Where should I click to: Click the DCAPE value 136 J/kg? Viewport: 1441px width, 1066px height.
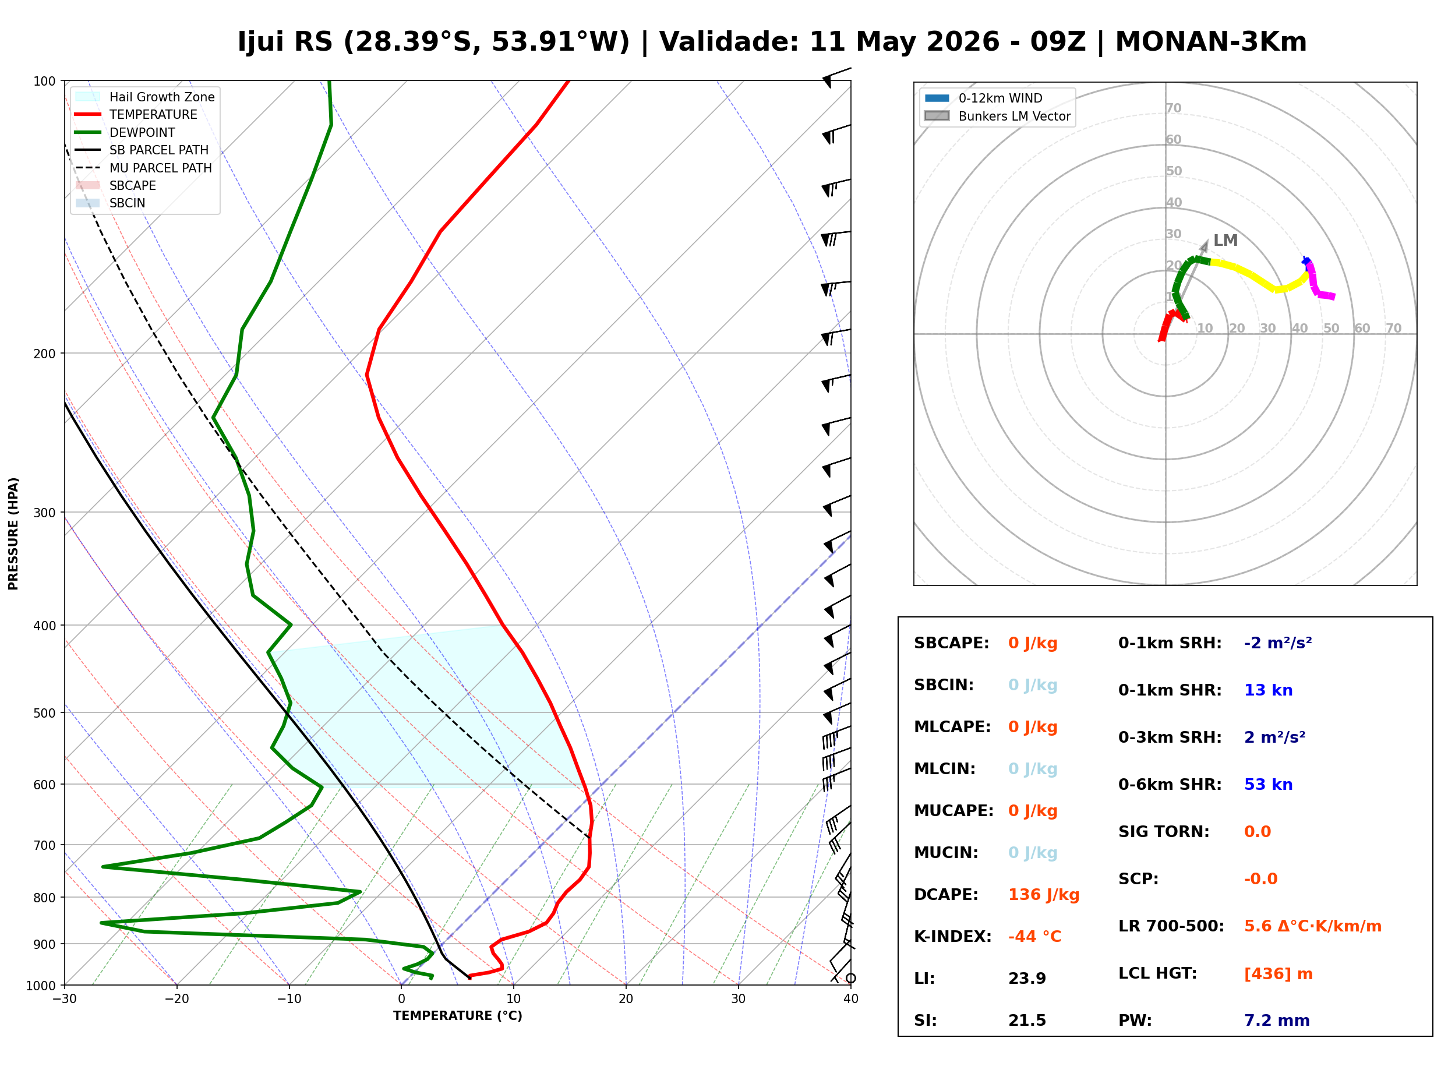coord(1043,894)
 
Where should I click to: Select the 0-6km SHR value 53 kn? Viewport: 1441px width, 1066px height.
coord(1267,784)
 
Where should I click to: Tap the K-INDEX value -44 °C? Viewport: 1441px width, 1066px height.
coord(1034,936)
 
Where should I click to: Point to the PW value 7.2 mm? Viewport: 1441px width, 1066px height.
coord(1277,1020)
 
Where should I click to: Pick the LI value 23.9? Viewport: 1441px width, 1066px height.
coord(1027,978)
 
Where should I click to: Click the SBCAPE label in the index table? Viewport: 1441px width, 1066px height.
coord(951,643)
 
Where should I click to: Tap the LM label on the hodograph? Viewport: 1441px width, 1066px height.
coord(1225,240)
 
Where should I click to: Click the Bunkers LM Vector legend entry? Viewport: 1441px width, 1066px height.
coord(997,116)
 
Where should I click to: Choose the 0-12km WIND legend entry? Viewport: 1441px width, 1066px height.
coord(983,98)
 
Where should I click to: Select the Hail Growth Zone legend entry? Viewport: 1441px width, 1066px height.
coord(145,97)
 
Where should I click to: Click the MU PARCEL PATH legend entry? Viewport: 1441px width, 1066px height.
coord(144,168)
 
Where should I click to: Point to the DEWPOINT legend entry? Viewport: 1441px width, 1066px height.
coord(125,132)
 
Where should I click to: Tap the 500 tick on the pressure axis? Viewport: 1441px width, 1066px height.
coord(44,713)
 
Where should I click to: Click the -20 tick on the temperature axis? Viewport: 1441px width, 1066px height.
coord(176,999)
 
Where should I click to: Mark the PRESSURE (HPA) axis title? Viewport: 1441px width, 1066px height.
coord(13,533)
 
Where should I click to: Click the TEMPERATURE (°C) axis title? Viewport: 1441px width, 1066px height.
coord(457,1016)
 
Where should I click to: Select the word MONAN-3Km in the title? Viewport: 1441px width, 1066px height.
coord(1211,41)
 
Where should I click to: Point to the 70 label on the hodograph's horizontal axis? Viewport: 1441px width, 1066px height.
coord(1393,328)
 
